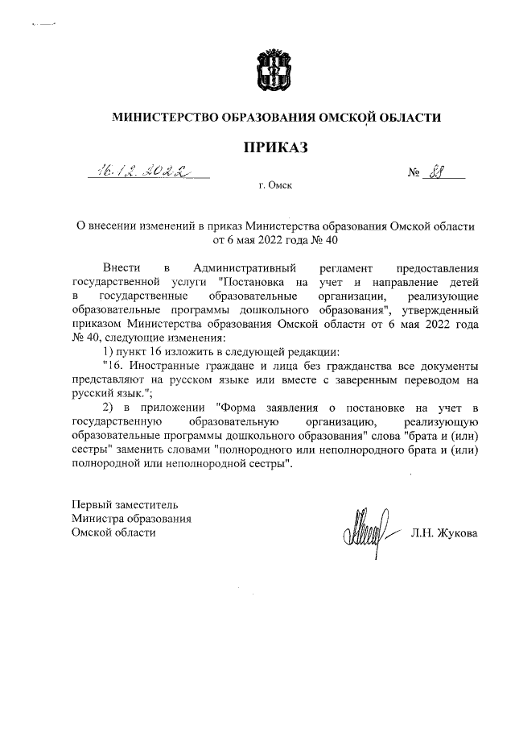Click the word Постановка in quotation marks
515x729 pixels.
coord(256,282)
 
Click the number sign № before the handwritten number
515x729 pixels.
coord(416,172)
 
